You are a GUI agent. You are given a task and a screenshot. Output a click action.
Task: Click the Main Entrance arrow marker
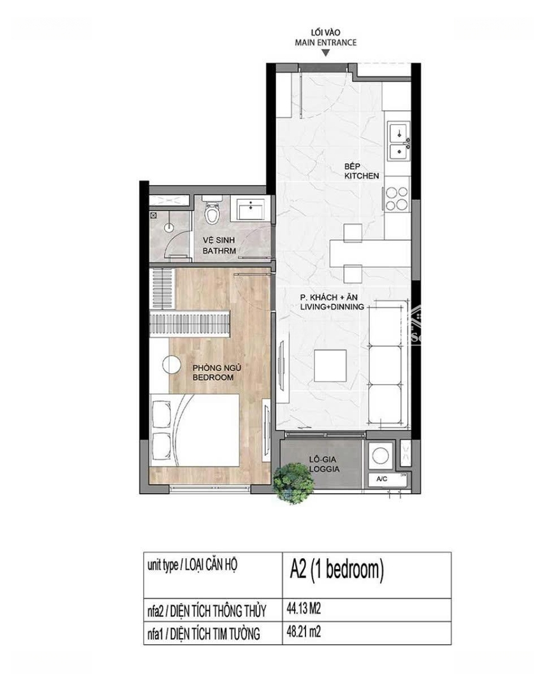tap(325, 53)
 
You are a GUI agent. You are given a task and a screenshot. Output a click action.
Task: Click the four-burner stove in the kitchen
tap(397, 198)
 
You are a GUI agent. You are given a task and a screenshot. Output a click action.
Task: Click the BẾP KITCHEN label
tap(361, 171)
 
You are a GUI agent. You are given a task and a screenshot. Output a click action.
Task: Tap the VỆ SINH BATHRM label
tap(219, 246)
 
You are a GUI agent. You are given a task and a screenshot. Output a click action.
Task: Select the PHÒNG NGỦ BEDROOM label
tap(213, 373)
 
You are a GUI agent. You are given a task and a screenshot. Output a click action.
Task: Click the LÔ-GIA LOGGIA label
tap(324, 464)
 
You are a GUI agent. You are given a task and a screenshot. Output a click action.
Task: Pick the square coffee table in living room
tap(330, 366)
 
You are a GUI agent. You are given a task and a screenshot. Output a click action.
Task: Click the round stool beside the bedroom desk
tap(172, 364)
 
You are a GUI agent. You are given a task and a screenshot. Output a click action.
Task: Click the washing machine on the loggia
tap(381, 456)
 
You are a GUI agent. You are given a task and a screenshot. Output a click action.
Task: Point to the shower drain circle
tap(169, 227)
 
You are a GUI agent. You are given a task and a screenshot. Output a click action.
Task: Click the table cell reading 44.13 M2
tap(367, 609)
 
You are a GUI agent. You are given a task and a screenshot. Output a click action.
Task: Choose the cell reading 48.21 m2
tap(367, 633)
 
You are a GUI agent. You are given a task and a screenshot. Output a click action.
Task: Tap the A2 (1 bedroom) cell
tap(367, 575)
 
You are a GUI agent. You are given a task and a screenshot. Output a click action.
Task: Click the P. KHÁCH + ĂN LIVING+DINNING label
tap(332, 302)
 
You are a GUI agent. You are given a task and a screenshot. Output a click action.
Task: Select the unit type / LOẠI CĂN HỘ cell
tap(213, 575)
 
